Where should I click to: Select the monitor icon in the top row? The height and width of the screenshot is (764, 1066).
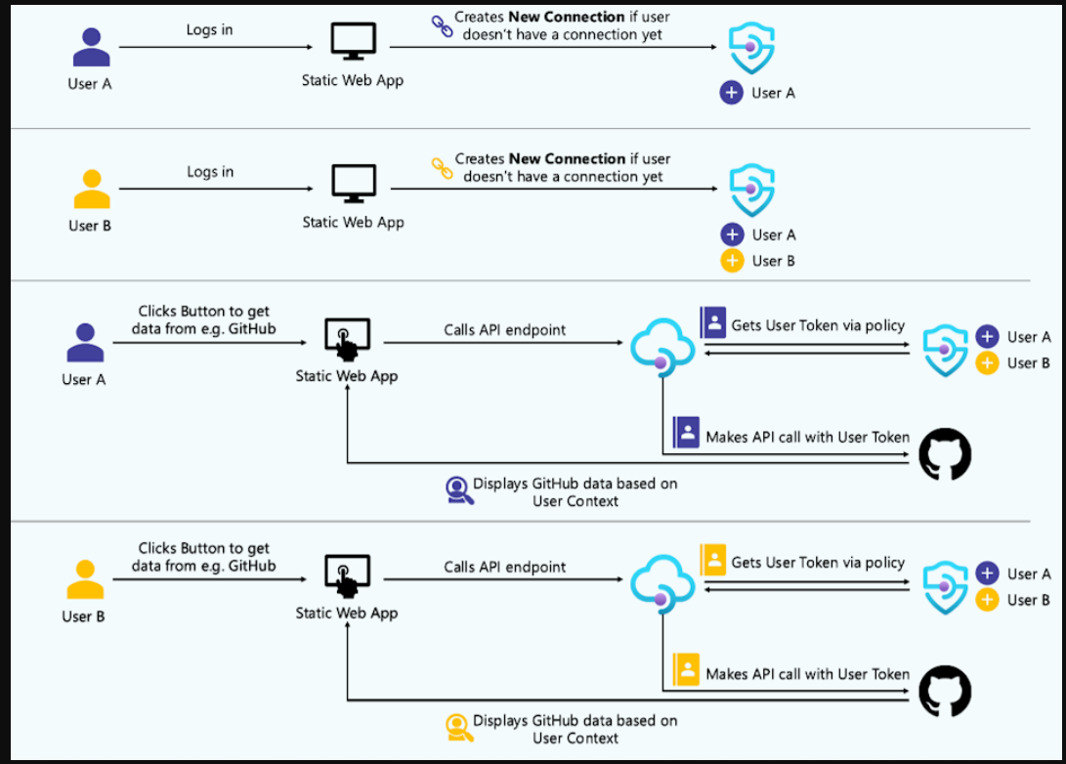click(x=353, y=43)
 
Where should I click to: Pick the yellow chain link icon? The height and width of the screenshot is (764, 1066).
click(x=442, y=168)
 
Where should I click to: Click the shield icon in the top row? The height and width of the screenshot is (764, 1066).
click(x=751, y=48)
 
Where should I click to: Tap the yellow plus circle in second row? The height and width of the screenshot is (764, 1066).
click(x=732, y=261)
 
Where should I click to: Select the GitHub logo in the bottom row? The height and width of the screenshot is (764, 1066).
click(x=945, y=692)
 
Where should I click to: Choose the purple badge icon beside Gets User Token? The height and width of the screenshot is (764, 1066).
click(x=713, y=322)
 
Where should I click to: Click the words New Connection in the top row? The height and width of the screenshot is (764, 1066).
click(x=567, y=18)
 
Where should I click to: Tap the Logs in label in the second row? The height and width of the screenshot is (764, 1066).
click(x=210, y=172)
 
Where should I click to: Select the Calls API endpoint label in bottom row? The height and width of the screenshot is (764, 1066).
click(x=505, y=567)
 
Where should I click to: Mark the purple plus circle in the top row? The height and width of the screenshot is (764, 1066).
click(x=732, y=93)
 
